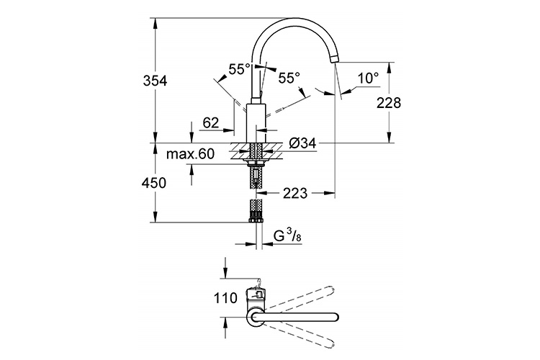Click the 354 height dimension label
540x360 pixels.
tap(154, 81)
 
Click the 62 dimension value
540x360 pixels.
tap(211, 123)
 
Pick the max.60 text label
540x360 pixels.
tap(191, 154)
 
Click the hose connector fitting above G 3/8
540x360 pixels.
tap(256, 211)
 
